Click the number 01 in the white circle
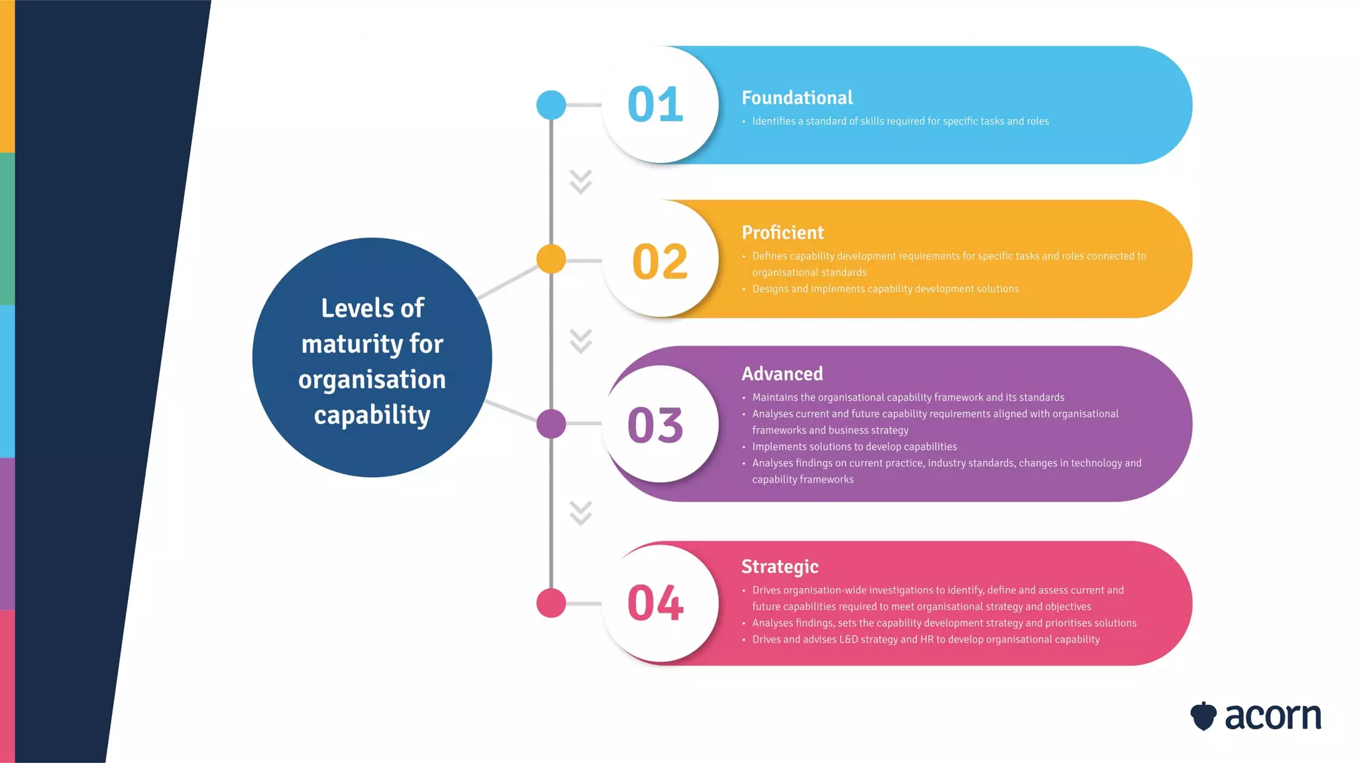pos(655,105)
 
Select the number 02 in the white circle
pos(660,261)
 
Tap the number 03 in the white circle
pos(655,425)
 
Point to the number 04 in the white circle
pos(655,603)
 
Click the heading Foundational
pos(797,98)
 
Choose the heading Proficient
pos(783,232)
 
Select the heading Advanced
pos(782,374)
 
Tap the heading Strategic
pos(780,567)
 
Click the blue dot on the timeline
pos(551,105)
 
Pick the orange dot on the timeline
pos(551,259)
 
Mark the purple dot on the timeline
pos(551,424)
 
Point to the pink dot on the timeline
pos(551,603)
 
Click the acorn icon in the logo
pos(1203,716)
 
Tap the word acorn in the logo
pos(1273,717)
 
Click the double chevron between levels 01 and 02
pos(580,181)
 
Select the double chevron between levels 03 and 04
pos(580,513)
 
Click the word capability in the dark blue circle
pos(372,415)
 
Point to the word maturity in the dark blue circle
pos(351,344)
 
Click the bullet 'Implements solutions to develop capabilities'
pos(854,446)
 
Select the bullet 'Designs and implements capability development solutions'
pos(885,289)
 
